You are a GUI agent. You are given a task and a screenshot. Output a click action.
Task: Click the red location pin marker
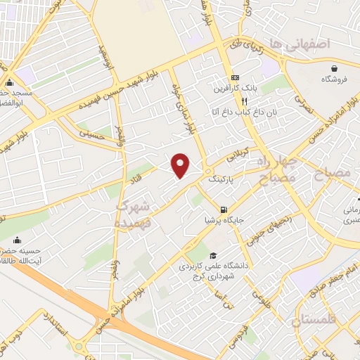pyautogui.click(x=181, y=165)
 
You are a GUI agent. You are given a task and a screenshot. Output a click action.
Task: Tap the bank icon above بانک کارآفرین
pyautogui.click(x=234, y=78)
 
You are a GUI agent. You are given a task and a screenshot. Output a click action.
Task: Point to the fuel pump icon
pyautogui.click(x=224, y=209)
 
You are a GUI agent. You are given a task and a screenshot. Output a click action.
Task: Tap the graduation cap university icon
pyautogui.click(x=213, y=255)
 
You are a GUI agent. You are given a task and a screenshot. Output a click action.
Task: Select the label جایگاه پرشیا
pyautogui.click(x=223, y=220)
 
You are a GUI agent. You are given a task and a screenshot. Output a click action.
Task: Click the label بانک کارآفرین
pyautogui.click(x=234, y=89)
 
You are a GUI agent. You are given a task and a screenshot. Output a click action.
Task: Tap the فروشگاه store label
pyautogui.click(x=335, y=79)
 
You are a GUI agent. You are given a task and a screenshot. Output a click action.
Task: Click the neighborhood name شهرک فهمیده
pyautogui.click(x=134, y=214)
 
